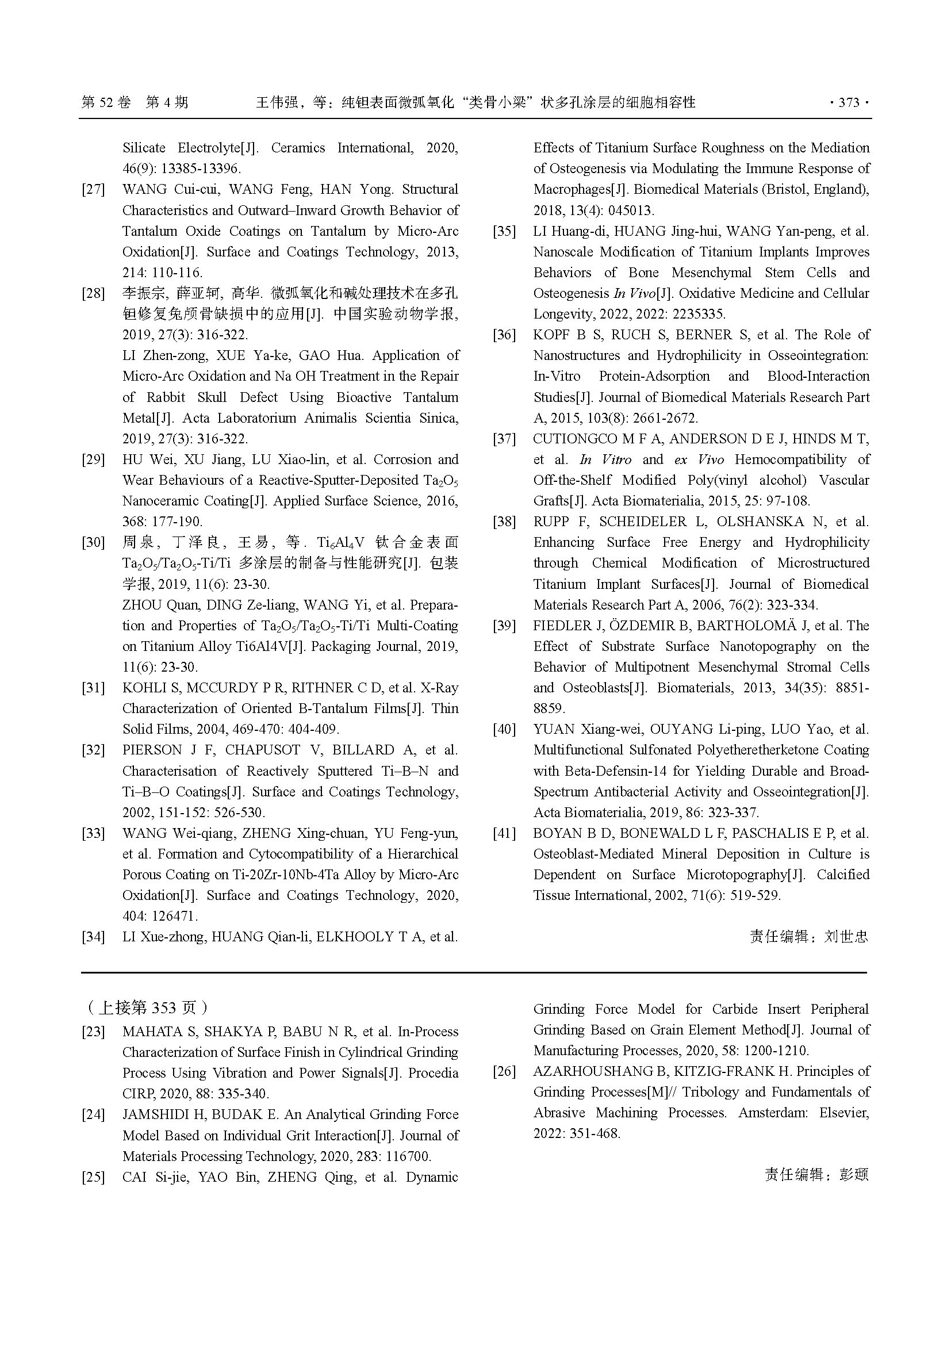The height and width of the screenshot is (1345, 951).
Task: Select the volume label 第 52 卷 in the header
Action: (106, 103)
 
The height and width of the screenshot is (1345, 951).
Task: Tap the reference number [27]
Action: (93, 190)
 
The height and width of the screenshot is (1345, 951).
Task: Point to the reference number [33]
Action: (93, 834)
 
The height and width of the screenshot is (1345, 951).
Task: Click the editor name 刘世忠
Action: (846, 937)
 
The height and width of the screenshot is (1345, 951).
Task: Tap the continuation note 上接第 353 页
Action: (147, 1008)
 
